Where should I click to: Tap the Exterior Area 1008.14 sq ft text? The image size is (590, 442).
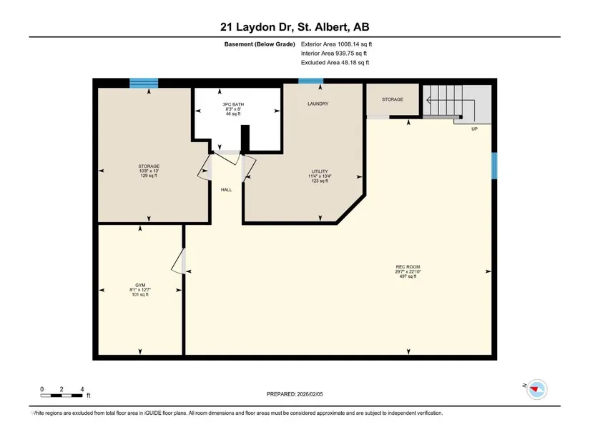(336, 44)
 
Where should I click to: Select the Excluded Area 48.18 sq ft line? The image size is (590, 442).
(335, 63)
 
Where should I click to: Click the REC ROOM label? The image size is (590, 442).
(408, 267)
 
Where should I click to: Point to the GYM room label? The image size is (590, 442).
(140, 286)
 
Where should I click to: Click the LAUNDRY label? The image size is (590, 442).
(318, 104)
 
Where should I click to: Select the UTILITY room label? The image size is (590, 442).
(320, 171)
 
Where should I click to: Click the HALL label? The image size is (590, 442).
(226, 190)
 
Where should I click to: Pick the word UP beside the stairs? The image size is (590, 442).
(474, 129)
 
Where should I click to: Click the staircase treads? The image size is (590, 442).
(443, 101)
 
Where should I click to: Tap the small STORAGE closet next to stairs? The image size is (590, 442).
(393, 99)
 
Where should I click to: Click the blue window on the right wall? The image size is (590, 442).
(494, 166)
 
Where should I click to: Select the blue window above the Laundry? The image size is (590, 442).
(311, 81)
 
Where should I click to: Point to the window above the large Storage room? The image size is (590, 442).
(144, 83)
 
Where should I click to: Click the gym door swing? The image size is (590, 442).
(178, 261)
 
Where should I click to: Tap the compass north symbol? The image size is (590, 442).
(536, 389)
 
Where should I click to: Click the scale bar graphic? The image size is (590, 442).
(62, 396)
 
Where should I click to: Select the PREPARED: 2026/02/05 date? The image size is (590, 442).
(295, 394)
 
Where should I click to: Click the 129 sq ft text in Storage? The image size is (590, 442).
(149, 176)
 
